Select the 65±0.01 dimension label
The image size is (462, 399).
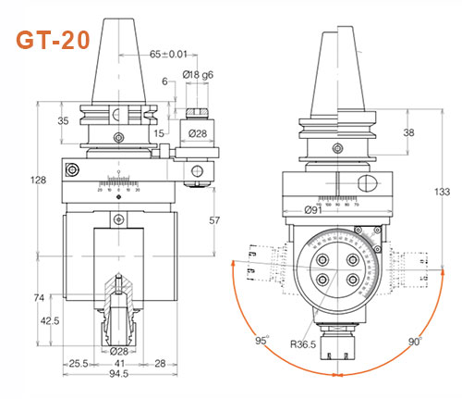[169, 56]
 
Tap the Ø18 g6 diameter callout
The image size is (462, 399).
[198, 73]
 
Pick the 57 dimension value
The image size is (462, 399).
[213, 222]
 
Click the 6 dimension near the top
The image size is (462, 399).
[164, 81]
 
